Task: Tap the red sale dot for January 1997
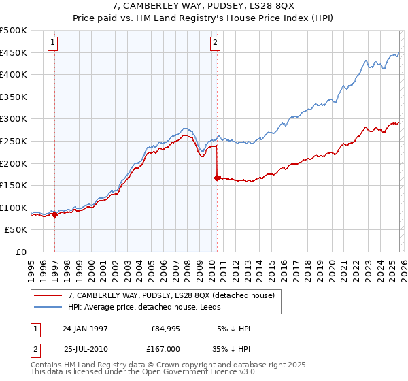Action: [55, 214]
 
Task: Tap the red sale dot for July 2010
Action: [217, 178]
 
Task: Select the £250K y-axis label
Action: [14, 141]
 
